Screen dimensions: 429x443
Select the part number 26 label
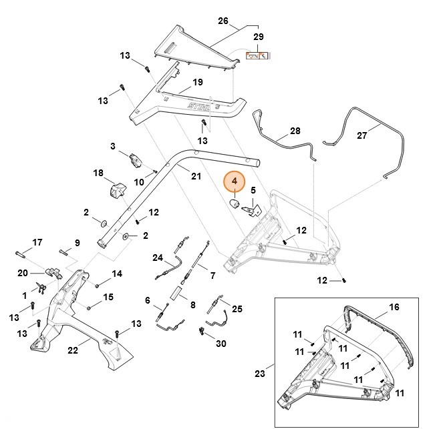pyautogui.click(x=223, y=20)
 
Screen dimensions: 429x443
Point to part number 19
pyautogui.click(x=197, y=83)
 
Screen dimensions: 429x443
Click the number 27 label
pyautogui.click(x=361, y=135)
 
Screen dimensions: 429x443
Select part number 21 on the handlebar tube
pyautogui.click(x=196, y=176)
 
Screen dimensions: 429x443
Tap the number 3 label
pyautogui.click(x=114, y=145)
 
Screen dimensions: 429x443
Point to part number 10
pyautogui.click(x=140, y=181)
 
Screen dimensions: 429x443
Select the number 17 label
pyautogui.click(x=37, y=242)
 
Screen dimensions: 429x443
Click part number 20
pyautogui.click(x=22, y=273)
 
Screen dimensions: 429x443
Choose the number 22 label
pyautogui.click(x=72, y=350)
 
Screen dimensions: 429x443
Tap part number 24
pyautogui.click(x=158, y=258)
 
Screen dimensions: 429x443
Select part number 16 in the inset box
pyautogui.click(x=394, y=308)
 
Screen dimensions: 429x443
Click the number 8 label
pyautogui.click(x=192, y=306)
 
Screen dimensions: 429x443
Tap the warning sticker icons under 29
pyautogui.click(x=257, y=56)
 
